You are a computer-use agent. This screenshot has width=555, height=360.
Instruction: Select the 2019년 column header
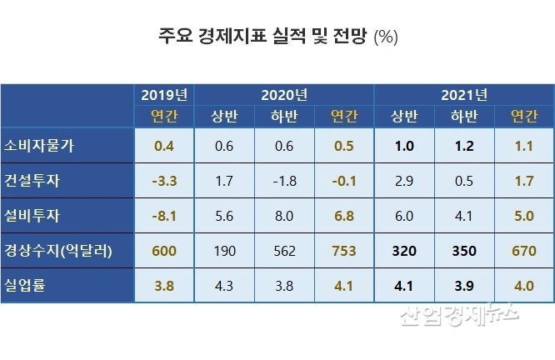click(x=164, y=94)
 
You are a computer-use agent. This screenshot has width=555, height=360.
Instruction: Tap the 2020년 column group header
click(x=283, y=94)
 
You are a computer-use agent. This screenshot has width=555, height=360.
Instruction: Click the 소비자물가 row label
click(x=40, y=145)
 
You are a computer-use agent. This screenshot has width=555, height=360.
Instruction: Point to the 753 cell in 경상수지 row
click(x=343, y=250)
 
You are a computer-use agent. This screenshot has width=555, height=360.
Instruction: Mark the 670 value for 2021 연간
click(x=522, y=250)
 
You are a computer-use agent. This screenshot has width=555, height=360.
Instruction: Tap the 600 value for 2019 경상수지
click(x=164, y=250)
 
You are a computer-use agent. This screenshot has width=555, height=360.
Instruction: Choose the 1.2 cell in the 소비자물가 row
click(x=463, y=145)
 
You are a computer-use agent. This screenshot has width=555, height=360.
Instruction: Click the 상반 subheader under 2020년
click(x=224, y=115)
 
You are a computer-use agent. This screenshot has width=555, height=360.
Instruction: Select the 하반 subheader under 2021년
click(x=463, y=115)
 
